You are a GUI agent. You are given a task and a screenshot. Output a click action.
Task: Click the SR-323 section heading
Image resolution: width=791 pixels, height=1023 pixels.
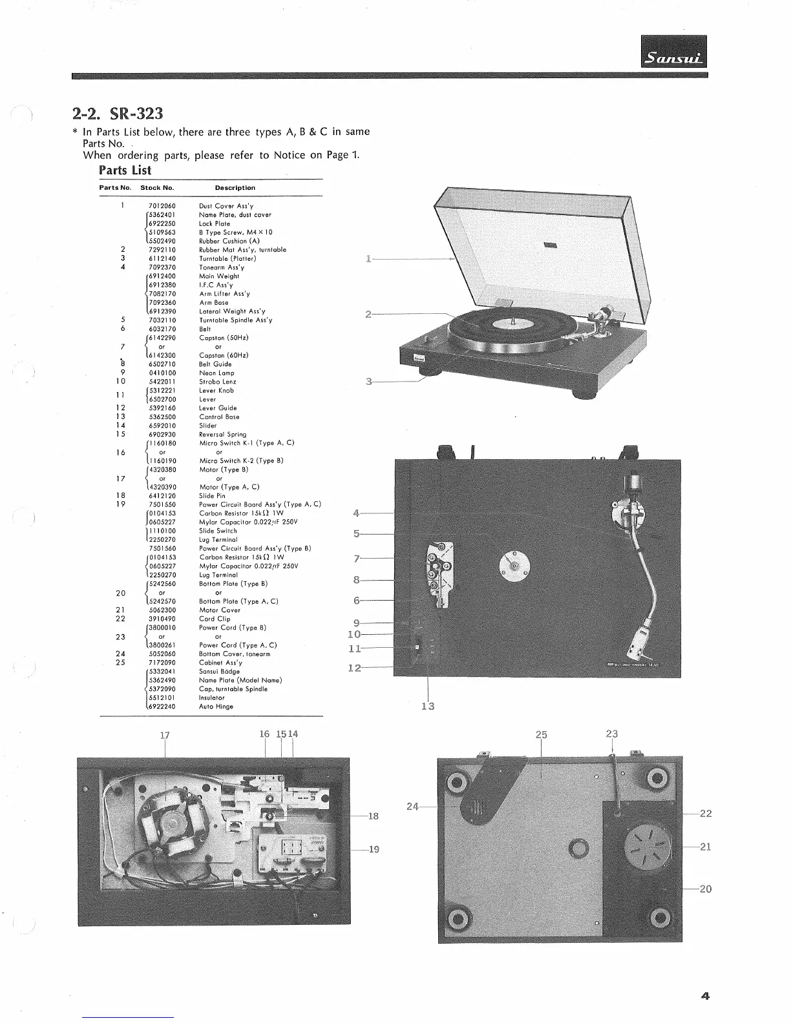click(x=118, y=114)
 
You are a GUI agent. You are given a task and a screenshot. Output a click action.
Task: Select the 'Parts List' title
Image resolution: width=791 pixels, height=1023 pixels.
click(x=125, y=170)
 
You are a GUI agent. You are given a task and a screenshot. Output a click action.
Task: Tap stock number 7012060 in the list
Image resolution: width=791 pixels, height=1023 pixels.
click(x=162, y=206)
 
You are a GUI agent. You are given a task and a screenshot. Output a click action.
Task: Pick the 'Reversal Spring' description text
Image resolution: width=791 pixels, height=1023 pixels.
click(x=222, y=435)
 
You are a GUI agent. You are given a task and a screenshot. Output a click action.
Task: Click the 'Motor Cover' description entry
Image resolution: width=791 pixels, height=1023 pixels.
click(x=220, y=610)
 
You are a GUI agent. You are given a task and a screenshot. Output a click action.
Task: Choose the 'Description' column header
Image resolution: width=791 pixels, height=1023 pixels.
click(x=235, y=188)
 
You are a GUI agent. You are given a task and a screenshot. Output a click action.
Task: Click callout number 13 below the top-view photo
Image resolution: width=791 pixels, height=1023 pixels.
click(x=428, y=706)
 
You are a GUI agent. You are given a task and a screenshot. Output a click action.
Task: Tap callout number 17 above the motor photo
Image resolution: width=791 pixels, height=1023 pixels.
click(x=165, y=734)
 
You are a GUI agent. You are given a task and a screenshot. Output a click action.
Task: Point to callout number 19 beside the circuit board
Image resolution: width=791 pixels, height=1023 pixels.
click(x=374, y=849)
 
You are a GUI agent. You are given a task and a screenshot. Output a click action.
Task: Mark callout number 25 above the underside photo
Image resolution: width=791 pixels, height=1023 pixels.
click(x=542, y=734)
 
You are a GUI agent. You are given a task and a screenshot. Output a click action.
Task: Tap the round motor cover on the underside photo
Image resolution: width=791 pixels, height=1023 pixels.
click(x=647, y=845)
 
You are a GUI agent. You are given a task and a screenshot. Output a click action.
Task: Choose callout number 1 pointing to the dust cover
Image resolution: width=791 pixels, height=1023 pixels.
click(x=368, y=259)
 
